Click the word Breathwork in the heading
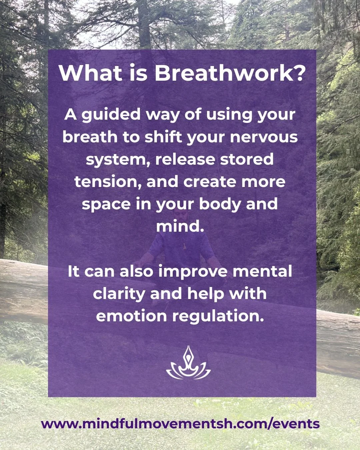229,73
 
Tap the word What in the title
91,73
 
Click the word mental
262,271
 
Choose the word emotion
131,316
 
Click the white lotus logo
188,363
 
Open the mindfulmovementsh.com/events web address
180,424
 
